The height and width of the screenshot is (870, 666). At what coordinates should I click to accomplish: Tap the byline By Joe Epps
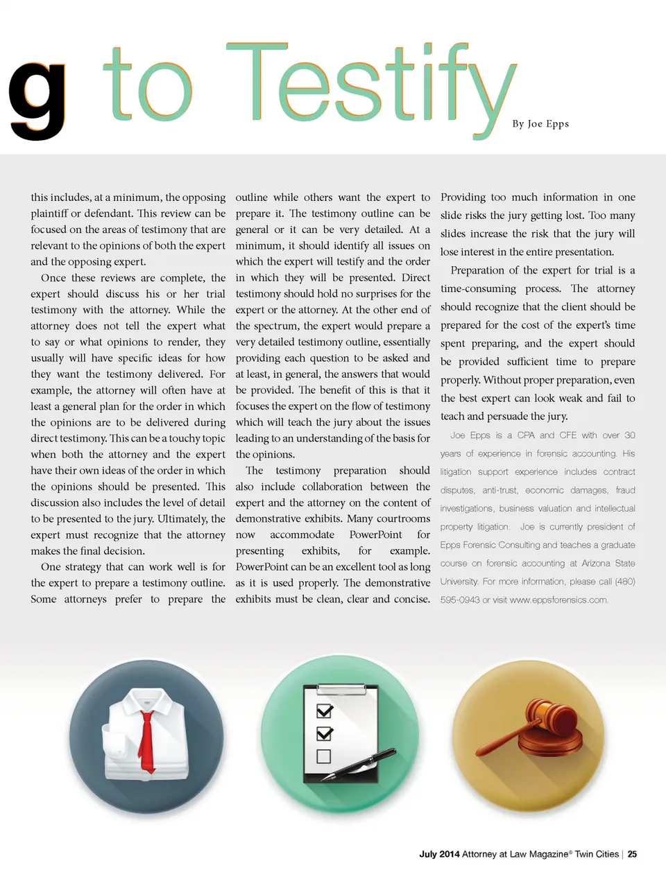pos(540,123)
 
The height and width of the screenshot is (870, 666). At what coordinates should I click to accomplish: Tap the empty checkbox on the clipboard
pos(323,756)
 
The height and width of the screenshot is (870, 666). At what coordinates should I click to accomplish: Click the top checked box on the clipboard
pos(324,711)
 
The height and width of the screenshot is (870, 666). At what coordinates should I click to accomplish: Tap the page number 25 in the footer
pos(632,854)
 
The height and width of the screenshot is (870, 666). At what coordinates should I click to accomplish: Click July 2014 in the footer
pos(439,854)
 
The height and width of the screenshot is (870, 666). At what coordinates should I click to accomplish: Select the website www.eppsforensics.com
pos(558,600)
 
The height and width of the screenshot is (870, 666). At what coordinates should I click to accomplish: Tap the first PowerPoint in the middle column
pos(375,534)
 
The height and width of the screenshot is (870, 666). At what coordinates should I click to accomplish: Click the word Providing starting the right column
pos(463,198)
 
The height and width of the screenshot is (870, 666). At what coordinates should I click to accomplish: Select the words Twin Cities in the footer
pos(597,854)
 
